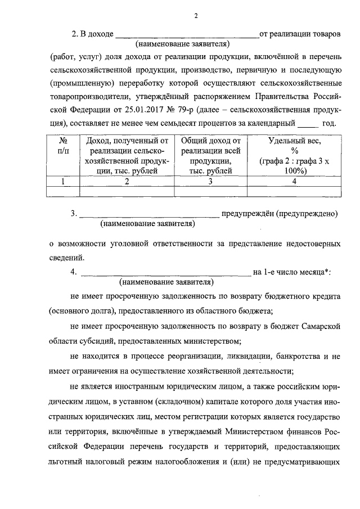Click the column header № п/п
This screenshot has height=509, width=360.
coord(63,146)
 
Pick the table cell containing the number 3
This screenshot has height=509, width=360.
coord(210,182)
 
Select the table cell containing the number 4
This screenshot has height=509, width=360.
coord(294,182)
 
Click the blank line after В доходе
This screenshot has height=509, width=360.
coord(186,36)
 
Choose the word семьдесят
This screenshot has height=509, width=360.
coord(201,122)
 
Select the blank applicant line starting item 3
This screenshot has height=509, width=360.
coord(148,215)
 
